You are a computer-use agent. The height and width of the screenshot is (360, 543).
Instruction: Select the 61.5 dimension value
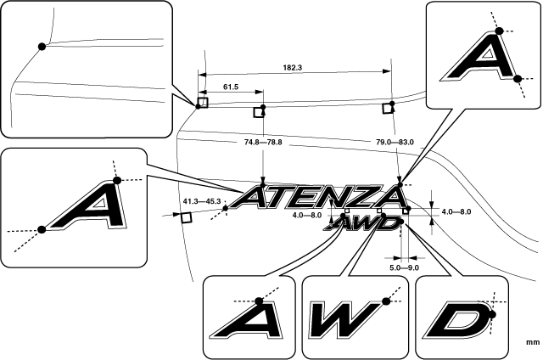coord(231,86)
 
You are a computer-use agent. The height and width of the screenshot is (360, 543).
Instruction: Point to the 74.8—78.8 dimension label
coord(262,142)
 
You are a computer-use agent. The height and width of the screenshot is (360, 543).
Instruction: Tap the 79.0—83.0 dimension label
coord(395,142)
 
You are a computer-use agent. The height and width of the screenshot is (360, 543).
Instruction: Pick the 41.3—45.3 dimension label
coord(202,201)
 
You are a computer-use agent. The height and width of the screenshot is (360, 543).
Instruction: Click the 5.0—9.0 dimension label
coord(404,267)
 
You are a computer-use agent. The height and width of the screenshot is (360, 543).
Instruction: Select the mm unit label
coord(533,343)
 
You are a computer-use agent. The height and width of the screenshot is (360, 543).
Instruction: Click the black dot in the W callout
coord(386,301)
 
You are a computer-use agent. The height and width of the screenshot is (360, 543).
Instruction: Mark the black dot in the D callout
coord(491,315)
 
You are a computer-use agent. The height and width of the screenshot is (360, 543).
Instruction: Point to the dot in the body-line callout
coord(42,46)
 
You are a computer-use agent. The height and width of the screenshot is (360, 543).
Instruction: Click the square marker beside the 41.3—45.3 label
coord(187,217)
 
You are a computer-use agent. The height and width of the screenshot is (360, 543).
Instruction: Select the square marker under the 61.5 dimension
coord(260,111)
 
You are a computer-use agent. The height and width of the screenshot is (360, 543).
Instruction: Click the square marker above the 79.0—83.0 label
coord(389,107)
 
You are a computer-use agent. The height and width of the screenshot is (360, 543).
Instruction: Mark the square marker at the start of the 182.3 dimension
coord(202,103)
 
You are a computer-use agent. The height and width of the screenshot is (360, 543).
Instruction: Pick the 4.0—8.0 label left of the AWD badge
coord(306,216)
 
